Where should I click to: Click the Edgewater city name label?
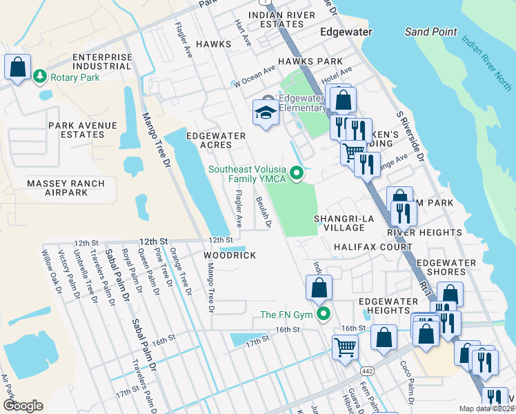(x=346, y=32)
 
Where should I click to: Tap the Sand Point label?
(x=430, y=32)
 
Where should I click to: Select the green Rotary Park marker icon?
(x=41, y=76)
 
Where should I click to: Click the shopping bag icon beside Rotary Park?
(x=17, y=68)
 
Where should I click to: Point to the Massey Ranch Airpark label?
(x=66, y=188)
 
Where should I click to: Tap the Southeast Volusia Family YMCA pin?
(x=297, y=172)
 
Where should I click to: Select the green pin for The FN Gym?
(x=323, y=315)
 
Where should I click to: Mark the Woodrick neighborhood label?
(x=230, y=255)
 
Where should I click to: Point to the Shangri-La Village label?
(x=339, y=223)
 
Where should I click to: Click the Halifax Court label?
(x=364, y=246)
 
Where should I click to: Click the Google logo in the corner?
(x=23, y=405)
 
